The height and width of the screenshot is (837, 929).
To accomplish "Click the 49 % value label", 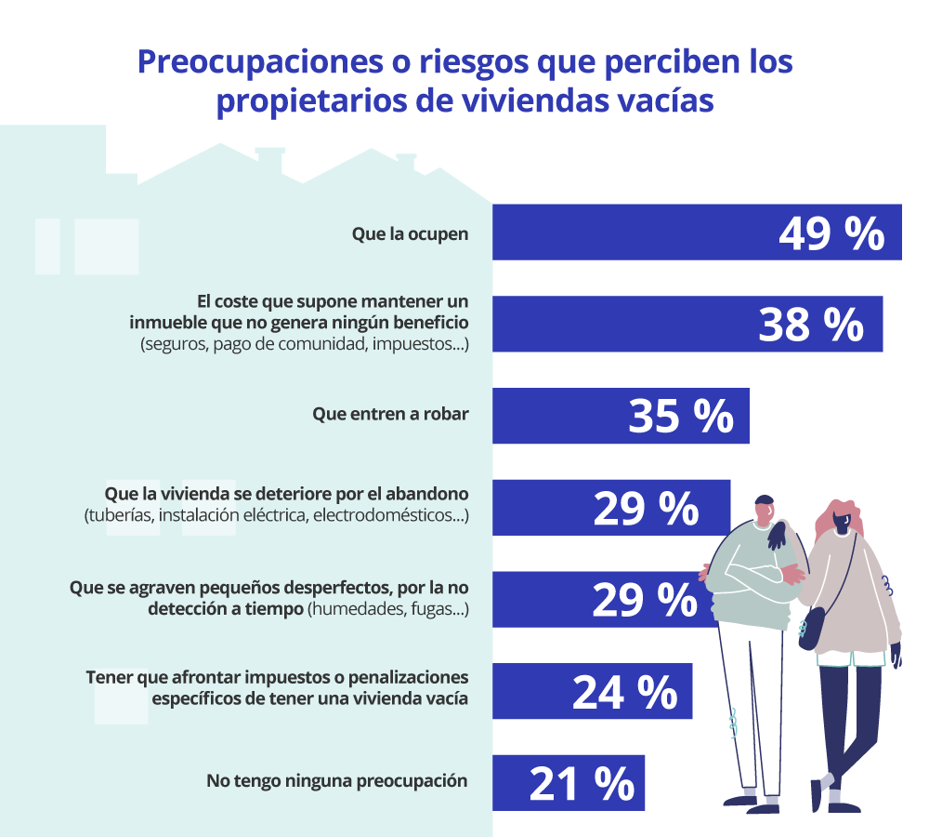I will tap(831, 233).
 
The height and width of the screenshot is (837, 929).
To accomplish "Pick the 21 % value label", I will tap(582, 784).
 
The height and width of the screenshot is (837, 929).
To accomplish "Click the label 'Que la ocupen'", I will tap(410, 233).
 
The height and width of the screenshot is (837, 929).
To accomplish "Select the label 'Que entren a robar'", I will tap(390, 416).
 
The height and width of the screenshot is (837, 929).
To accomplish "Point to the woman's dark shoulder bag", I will tap(811, 630).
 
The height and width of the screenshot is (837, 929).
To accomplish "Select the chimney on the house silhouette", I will tap(269, 160).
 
